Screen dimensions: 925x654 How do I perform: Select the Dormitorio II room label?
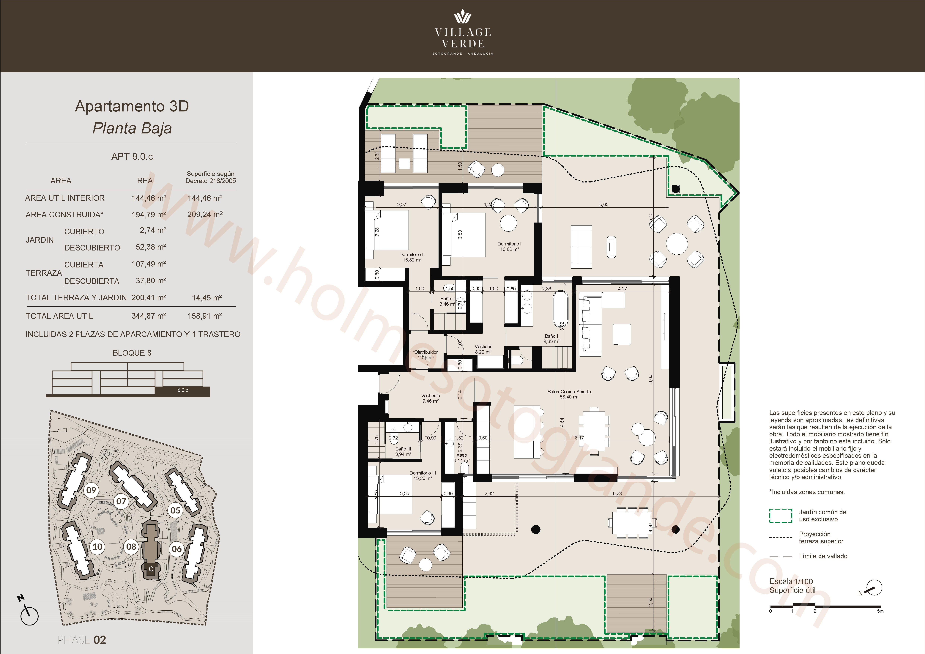[x=412, y=257]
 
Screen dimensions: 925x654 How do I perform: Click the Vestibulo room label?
[x=430, y=398]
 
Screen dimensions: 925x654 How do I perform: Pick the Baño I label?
[x=551, y=338]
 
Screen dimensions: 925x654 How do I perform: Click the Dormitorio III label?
[x=423, y=475]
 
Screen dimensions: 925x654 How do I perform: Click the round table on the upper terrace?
[x=677, y=243]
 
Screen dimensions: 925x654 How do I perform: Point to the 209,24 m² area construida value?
[x=205, y=214]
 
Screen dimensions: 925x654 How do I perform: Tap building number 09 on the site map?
[x=92, y=490]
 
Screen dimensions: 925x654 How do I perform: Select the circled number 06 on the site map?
[x=177, y=549]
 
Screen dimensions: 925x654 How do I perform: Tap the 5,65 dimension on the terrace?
[x=603, y=204]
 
